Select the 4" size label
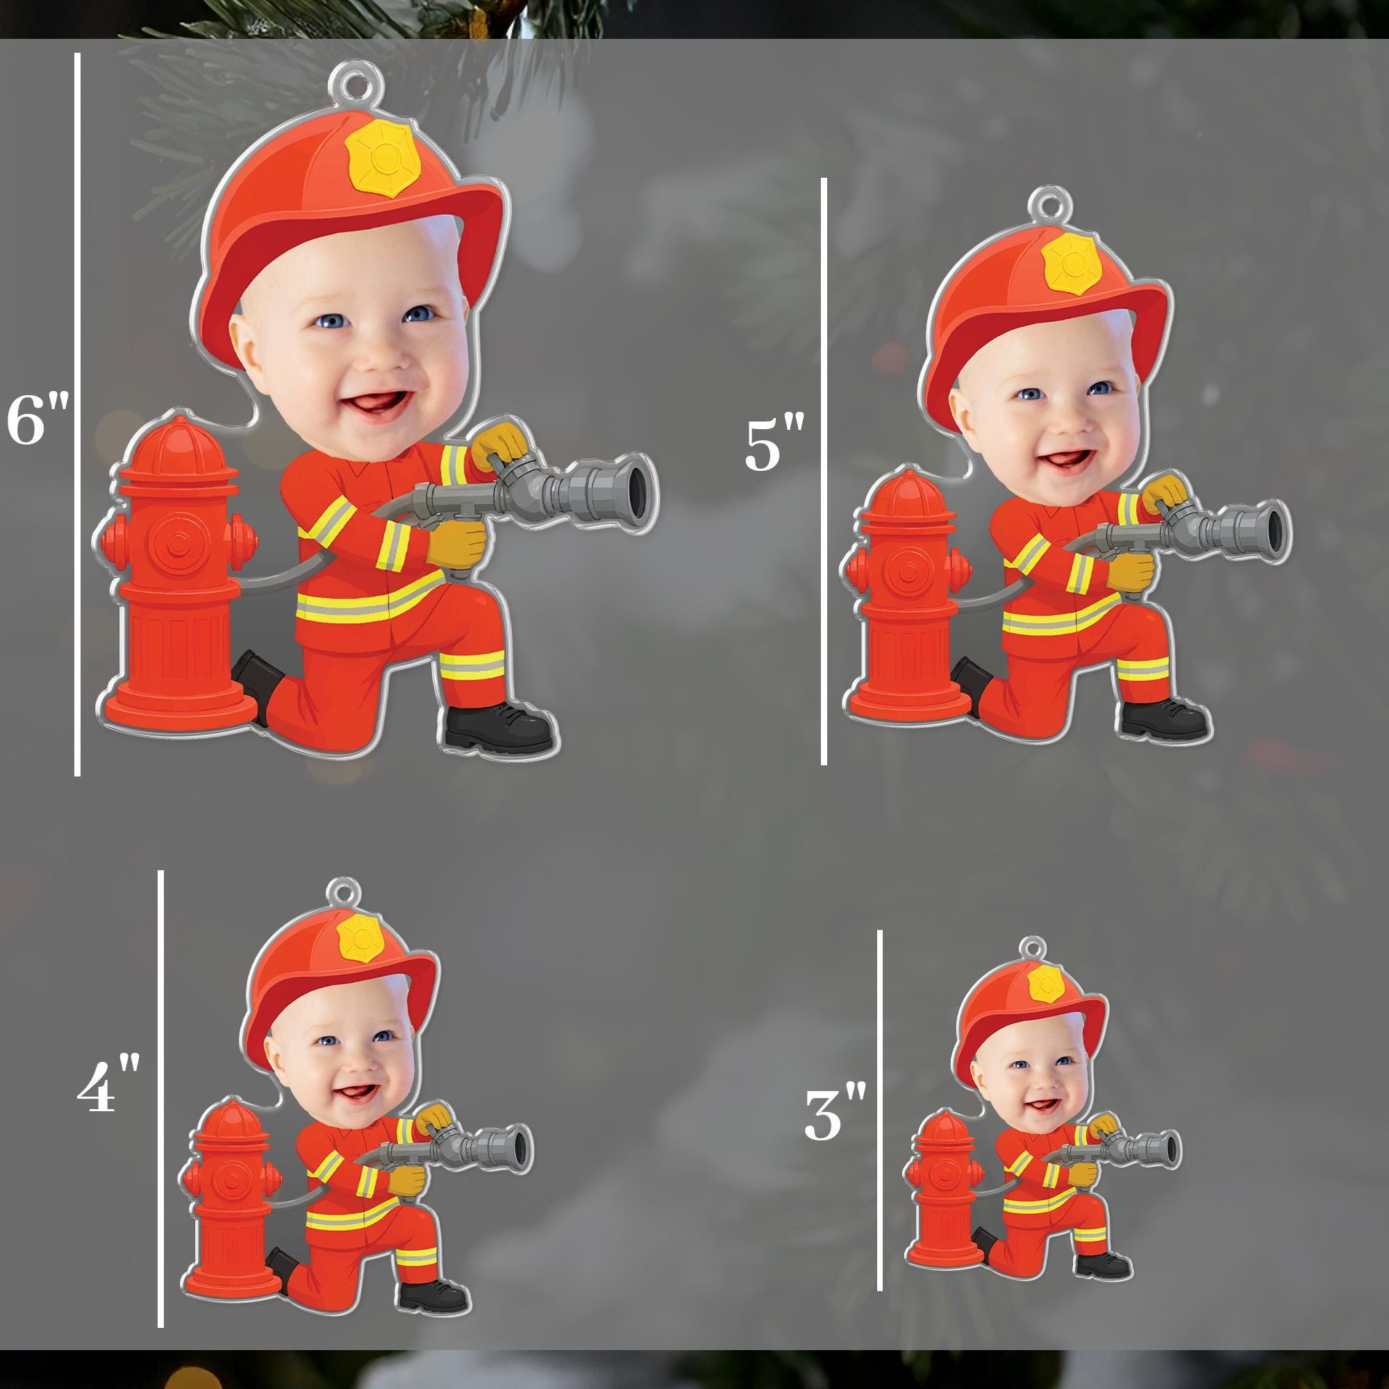pyautogui.click(x=108, y=1083)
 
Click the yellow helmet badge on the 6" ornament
pyautogui.click(x=383, y=158)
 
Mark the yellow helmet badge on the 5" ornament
pyautogui.click(x=1072, y=263)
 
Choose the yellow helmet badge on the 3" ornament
pyautogui.click(x=1046, y=984)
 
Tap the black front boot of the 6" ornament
pyautogui.click(x=499, y=729)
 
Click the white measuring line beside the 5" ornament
pyautogui.click(x=824, y=471)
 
